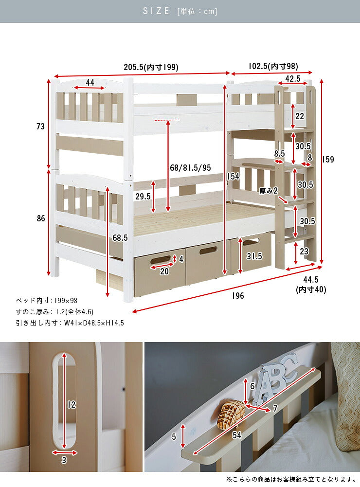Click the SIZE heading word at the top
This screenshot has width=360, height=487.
156,11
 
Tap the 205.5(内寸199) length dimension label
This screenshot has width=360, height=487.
151,67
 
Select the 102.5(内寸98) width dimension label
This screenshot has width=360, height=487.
273,66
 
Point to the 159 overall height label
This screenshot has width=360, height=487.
328,159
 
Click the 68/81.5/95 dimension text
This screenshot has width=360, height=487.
190,168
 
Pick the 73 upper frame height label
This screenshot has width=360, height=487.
41,126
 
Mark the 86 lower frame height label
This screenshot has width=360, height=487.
41,218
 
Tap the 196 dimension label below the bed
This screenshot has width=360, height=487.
238,296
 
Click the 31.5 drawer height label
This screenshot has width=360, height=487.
254,256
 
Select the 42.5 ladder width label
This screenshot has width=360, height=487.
293,79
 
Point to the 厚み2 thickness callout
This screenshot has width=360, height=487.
269,191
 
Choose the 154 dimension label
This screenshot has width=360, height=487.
233,177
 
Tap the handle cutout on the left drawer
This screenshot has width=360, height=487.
160,260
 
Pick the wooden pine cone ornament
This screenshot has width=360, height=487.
231,415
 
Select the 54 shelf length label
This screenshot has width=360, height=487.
237,435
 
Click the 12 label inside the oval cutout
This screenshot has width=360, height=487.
72,404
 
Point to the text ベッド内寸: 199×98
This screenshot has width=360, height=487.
47,301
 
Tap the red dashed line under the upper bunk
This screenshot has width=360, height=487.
167,120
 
